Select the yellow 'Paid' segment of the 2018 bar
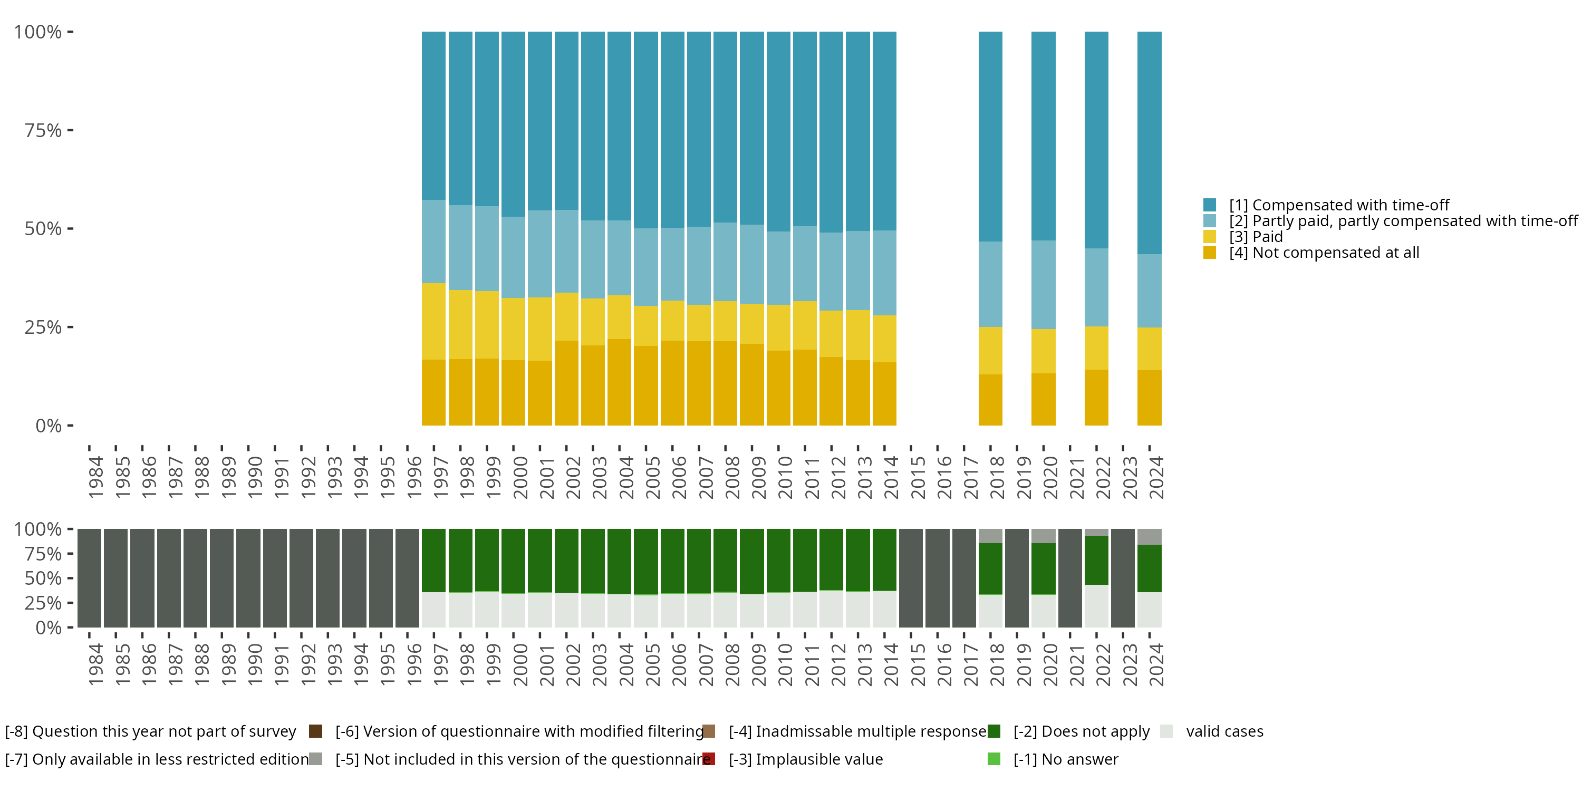(990, 350)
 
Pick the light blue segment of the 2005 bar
(645, 267)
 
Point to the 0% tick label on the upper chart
(49, 426)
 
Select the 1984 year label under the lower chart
(95, 664)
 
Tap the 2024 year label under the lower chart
(1156, 664)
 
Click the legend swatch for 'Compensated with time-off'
(1209, 205)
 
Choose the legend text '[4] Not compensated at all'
(1324, 253)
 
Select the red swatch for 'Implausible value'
(709, 759)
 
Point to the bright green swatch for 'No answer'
(993, 759)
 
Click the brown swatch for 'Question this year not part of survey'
(316, 731)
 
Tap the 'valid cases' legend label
(1224, 731)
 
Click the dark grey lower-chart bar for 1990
(248, 578)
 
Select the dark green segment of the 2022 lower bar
(1096, 560)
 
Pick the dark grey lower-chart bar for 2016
(937, 578)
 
